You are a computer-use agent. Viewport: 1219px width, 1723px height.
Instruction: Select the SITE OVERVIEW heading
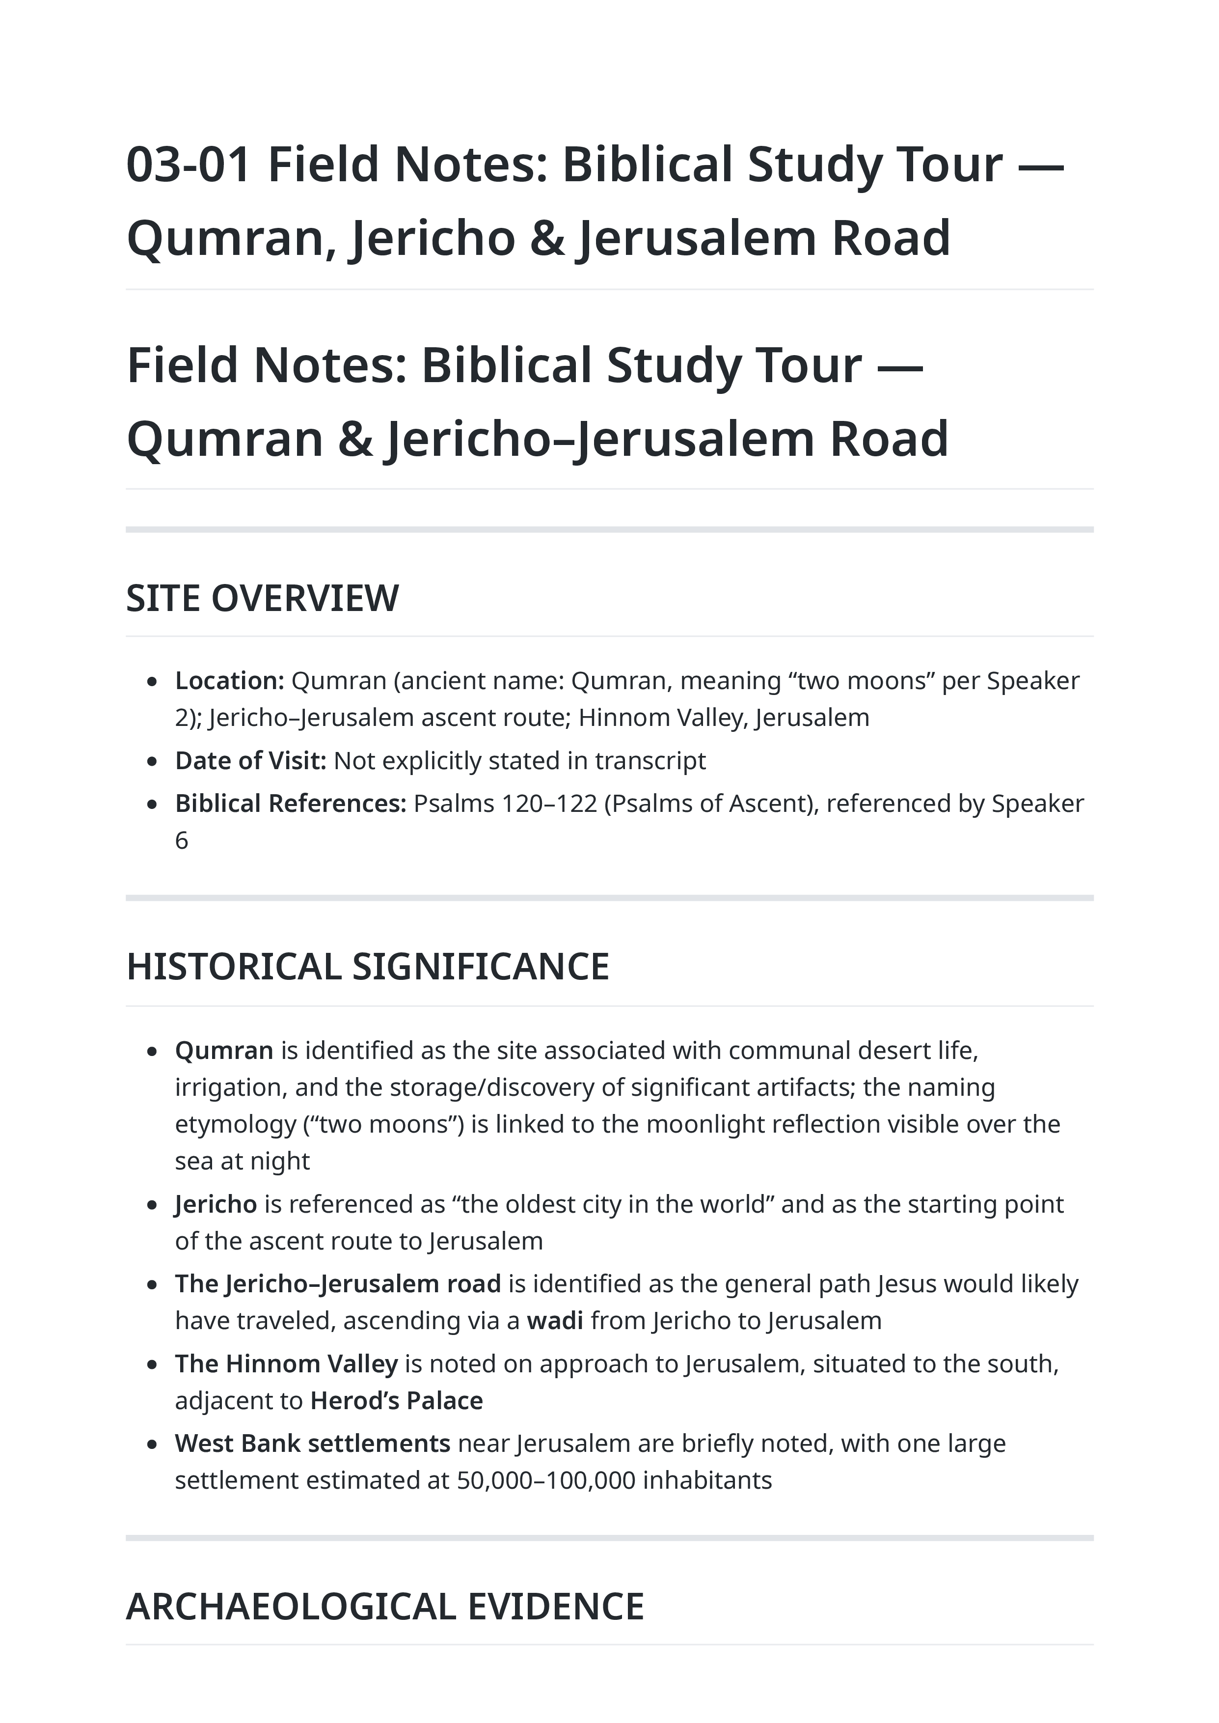click(x=262, y=598)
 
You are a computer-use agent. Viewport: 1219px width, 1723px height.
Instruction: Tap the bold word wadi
click(x=555, y=1321)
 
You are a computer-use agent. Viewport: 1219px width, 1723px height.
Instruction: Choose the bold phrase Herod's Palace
click(x=396, y=1401)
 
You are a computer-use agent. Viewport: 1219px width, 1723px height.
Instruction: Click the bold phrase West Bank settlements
click(x=312, y=1444)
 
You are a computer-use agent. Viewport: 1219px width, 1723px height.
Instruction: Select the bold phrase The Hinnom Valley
click(x=286, y=1363)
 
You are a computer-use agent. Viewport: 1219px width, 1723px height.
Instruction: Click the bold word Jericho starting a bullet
click(x=216, y=1204)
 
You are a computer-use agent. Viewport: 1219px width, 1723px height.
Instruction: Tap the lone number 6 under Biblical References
click(x=182, y=841)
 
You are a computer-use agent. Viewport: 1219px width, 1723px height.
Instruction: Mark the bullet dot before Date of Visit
click(x=152, y=762)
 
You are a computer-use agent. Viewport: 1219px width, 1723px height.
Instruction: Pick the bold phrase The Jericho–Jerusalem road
click(x=338, y=1284)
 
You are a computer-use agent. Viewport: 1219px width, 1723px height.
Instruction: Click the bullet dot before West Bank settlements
click(x=152, y=1445)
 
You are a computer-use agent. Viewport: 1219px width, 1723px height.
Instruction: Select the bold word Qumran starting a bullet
click(x=224, y=1050)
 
